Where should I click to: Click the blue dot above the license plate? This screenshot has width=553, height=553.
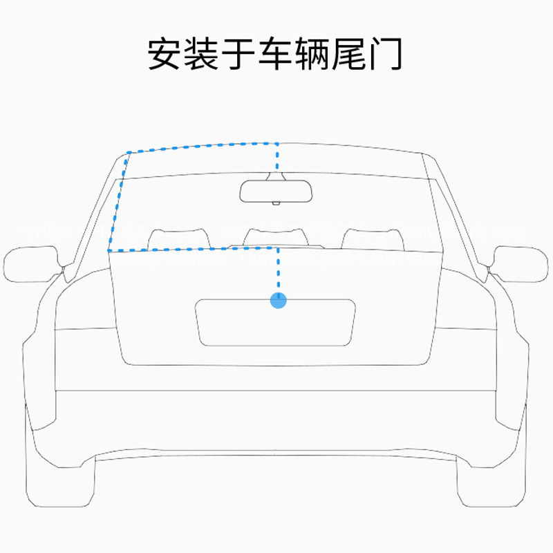278,300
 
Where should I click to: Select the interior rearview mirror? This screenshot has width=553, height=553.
275,191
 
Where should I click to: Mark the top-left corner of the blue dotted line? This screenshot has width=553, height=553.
128,153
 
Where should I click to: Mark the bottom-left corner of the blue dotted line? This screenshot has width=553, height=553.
109,250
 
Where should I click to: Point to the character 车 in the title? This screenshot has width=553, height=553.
276,53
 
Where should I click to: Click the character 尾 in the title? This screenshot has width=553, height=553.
350,53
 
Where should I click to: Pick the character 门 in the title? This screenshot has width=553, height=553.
386,53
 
